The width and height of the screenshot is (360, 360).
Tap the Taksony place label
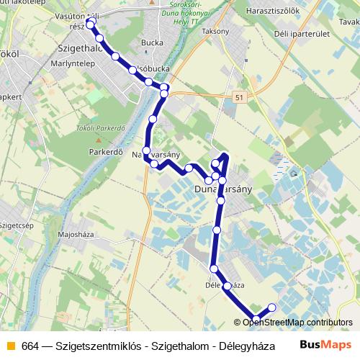(x=215, y=31)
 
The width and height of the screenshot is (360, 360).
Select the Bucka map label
(x=153, y=42)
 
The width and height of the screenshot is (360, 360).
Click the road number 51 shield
(x=238, y=95)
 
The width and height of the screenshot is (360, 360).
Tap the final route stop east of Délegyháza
(x=272, y=308)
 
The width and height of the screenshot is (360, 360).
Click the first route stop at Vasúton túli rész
(x=90, y=24)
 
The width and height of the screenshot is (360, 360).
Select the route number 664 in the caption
(x=30, y=345)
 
